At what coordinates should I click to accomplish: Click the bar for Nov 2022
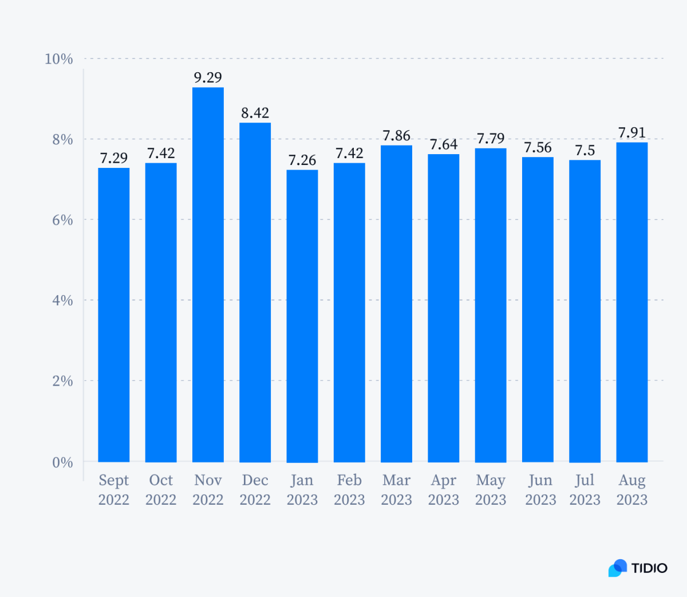(208, 275)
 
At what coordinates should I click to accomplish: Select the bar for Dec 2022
(255, 292)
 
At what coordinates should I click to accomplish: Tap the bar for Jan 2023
(302, 316)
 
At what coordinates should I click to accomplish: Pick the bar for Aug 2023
(631, 303)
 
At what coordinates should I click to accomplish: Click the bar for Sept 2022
(113, 315)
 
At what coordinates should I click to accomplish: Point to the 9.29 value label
(208, 77)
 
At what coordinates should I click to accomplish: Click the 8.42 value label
(255, 113)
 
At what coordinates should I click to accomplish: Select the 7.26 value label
(302, 160)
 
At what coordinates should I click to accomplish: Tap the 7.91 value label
(631, 132)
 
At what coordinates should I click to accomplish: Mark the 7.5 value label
(585, 150)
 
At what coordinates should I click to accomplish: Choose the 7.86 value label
(396, 136)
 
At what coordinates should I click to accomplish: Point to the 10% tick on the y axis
(59, 59)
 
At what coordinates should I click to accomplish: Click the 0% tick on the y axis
(62, 462)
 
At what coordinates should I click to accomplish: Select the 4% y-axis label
(62, 300)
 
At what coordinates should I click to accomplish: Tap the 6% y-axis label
(62, 220)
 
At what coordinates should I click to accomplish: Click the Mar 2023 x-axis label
(396, 490)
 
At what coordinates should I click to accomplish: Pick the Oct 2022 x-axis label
(161, 490)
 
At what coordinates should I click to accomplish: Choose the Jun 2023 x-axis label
(540, 490)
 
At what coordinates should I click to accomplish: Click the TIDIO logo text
(649, 568)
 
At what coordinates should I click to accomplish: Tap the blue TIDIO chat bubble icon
(617, 568)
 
